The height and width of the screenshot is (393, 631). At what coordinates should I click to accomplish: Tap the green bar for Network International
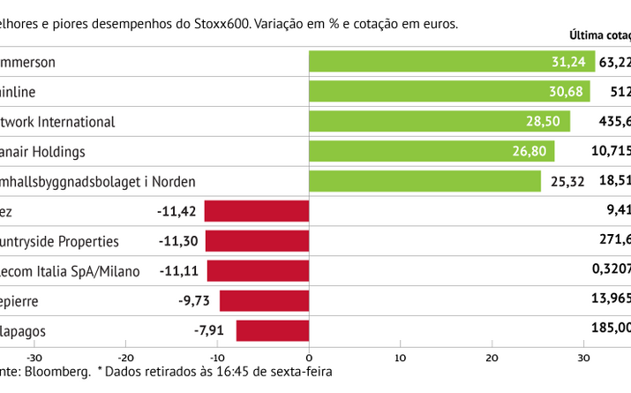(x=439, y=121)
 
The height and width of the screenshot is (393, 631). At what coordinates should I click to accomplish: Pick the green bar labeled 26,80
(x=432, y=151)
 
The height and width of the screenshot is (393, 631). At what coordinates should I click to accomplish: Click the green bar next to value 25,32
(x=424, y=181)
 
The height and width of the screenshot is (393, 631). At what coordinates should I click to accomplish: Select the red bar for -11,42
(x=257, y=211)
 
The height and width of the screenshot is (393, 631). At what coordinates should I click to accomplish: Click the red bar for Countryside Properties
(x=257, y=241)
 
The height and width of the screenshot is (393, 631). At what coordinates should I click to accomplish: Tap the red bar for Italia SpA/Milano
(x=258, y=271)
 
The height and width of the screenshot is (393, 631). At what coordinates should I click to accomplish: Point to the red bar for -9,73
(x=264, y=300)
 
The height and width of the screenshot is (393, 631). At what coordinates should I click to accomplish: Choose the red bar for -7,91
(x=273, y=330)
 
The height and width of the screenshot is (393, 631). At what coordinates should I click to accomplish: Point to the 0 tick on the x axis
(x=309, y=358)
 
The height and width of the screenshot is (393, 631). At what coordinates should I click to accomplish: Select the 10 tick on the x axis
(x=401, y=358)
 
